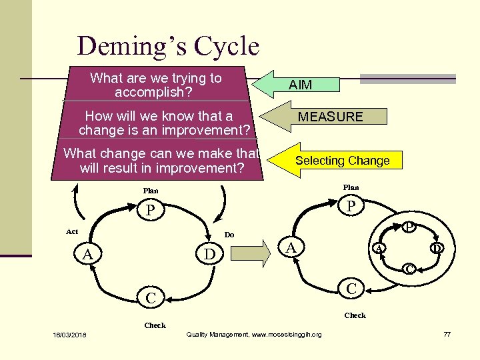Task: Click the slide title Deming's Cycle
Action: [168, 46]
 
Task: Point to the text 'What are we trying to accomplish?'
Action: [155, 85]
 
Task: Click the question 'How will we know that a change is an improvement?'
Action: [160, 123]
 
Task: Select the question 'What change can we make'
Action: [161, 161]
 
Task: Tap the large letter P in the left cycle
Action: [151, 211]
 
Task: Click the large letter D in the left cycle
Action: [209, 255]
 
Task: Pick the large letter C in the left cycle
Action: [151, 298]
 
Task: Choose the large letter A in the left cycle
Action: [87, 255]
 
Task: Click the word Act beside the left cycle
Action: [72, 231]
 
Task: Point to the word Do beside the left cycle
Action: [229, 235]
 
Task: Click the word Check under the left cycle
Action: [155, 325]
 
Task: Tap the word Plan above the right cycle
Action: [351, 187]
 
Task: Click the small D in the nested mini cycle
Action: [437, 249]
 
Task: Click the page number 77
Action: [447, 334]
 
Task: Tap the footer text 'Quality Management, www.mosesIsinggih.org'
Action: [254, 334]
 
